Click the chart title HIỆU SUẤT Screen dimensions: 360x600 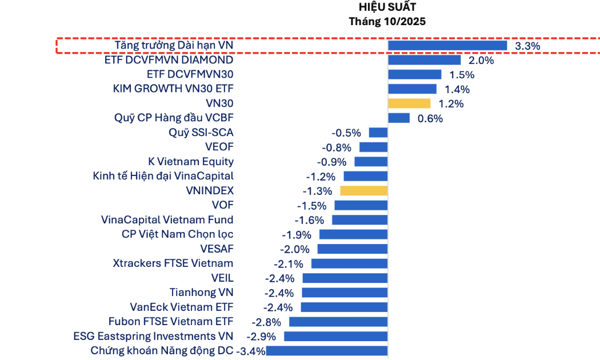coord(387,7)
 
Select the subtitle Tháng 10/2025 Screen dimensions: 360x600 coord(387,21)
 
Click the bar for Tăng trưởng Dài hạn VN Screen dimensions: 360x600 coord(447,45)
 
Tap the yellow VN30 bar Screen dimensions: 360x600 coord(409,103)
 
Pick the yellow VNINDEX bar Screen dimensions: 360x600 coord(364,191)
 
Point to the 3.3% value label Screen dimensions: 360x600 coord(527,46)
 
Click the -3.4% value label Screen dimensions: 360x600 coord(251,351)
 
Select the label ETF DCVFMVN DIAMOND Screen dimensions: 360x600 coord(169,59)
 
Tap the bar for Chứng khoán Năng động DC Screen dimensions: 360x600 coord(327,351)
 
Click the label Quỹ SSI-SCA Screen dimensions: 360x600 coord(201,133)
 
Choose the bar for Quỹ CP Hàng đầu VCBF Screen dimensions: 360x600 coord(399,118)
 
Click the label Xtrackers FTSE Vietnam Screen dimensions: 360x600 coord(173,263)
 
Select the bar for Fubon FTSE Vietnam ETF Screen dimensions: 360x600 coord(338,322)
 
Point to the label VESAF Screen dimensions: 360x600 coord(217,249)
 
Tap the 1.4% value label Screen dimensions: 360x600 coord(457,89)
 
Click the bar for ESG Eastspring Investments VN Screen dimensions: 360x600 coord(336,336)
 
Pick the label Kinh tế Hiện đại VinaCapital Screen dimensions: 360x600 coord(163,176)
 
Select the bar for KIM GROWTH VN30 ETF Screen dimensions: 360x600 coord(412,89)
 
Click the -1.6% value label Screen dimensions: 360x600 coord(309,220)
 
